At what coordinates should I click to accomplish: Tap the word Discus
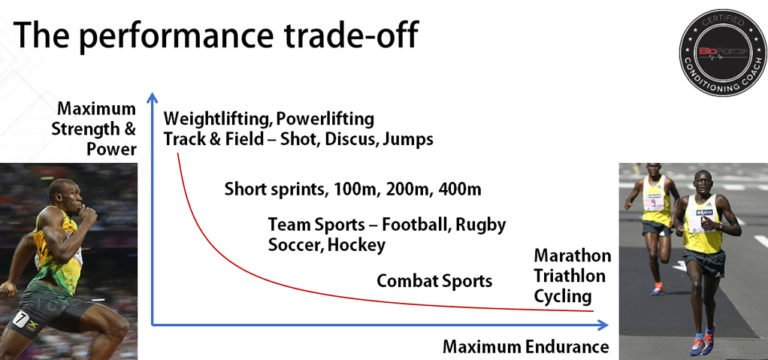tap(344, 139)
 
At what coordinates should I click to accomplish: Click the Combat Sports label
tap(433, 281)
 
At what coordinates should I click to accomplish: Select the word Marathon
tap(572, 256)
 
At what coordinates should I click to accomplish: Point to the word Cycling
tap(563, 297)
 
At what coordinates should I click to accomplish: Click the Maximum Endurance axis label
tap(525, 347)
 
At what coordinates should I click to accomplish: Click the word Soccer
tap(295, 244)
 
